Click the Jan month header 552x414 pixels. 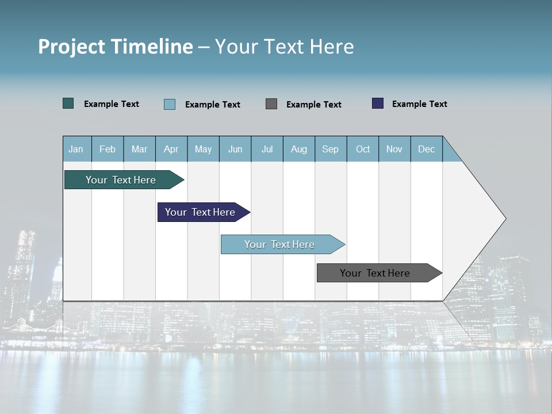(x=76, y=149)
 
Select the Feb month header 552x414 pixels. (x=108, y=149)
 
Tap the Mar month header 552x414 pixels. (x=139, y=149)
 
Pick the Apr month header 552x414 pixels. (x=171, y=149)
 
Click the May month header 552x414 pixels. (x=203, y=149)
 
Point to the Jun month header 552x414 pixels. (x=235, y=149)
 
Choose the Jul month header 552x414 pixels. (x=267, y=149)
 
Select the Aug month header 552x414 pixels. (x=299, y=149)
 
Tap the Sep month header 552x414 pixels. (x=331, y=149)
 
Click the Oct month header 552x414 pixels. (x=363, y=149)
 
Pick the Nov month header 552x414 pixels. (x=394, y=149)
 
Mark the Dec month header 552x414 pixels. (x=427, y=149)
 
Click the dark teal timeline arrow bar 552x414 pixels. (x=121, y=180)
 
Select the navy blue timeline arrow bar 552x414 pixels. (x=201, y=212)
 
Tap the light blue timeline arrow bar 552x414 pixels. (x=280, y=244)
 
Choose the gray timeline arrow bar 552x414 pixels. (x=375, y=273)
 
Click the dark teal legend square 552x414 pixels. (x=68, y=103)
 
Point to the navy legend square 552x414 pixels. (x=378, y=103)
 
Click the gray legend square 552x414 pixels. (x=271, y=103)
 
